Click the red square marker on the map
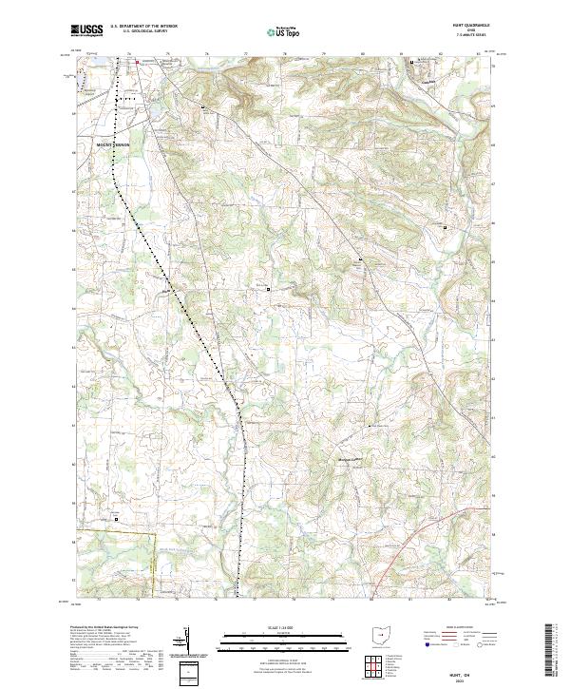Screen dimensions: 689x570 (x=136, y=63)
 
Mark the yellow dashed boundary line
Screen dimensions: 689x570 (x=153, y=561)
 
